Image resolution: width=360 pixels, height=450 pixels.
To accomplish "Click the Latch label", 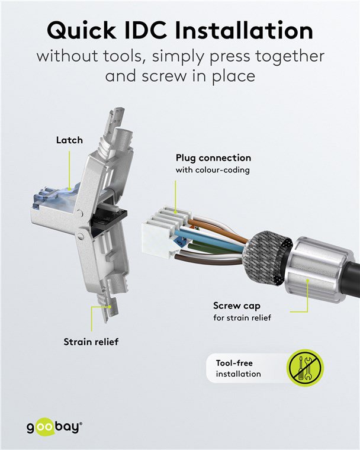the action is tap(69, 140).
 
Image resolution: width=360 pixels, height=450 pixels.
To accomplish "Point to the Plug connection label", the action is tap(213, 158).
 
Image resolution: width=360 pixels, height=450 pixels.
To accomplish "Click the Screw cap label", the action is tap(237, 306).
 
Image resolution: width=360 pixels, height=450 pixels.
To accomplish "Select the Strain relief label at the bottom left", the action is tap(91, 342).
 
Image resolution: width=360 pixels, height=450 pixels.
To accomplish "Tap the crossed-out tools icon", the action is tap(305, 368).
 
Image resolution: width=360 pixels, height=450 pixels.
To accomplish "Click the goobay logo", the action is tap(54, 427).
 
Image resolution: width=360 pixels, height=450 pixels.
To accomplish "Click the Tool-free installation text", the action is tap(238, 368).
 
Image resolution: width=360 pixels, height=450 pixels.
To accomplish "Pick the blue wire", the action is tap(210, 240).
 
